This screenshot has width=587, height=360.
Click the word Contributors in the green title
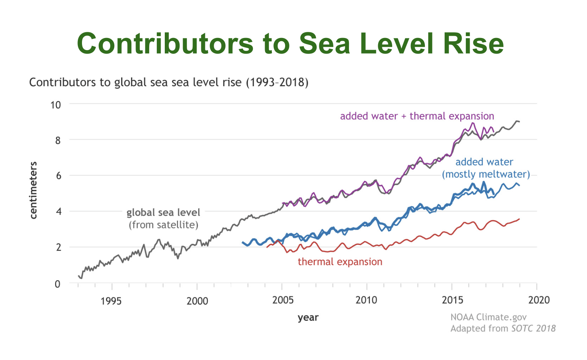(165, 43)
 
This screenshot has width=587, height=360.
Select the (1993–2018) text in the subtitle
(277, 82)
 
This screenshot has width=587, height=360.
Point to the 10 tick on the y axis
(55, 105)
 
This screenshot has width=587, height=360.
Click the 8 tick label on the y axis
(57, 141)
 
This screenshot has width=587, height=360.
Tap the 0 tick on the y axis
(57, 284)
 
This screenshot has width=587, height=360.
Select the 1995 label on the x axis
(111, 301)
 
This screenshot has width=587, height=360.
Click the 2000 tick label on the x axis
(197, 301)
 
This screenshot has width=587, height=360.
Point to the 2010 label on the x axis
(366, 300)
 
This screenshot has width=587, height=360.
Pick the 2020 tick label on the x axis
(539, 300)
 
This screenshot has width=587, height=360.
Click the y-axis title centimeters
(33, 190)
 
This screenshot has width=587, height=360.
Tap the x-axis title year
(308, 317)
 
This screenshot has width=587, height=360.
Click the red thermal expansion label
(340, 262)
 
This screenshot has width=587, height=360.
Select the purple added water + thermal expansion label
(417, 116)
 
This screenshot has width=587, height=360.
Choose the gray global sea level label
(163, 212)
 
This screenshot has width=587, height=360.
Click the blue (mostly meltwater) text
(486, 174)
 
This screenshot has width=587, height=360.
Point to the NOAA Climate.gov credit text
(488, 317)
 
